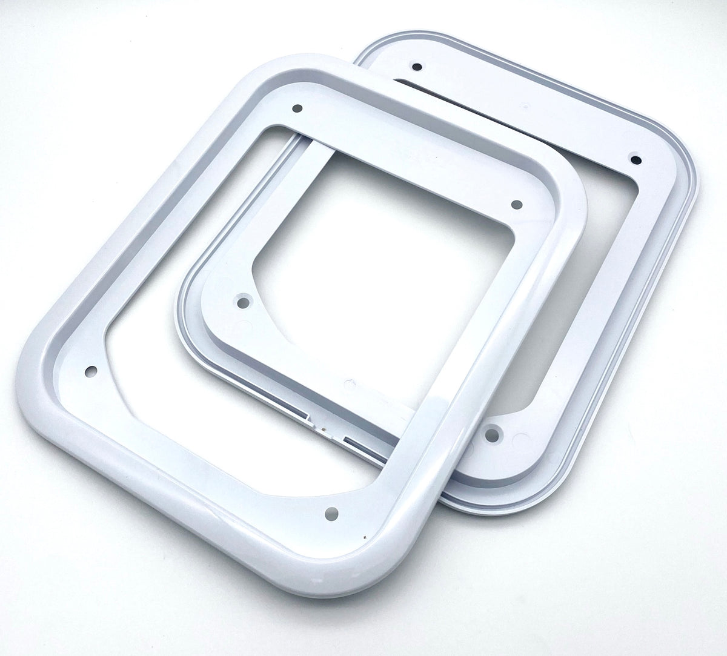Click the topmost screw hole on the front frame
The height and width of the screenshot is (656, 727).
[297, 109]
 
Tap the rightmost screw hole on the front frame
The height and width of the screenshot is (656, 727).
[516, 205]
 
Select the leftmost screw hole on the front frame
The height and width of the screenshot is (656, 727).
[92, 369]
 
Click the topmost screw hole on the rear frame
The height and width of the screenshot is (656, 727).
[417, 65]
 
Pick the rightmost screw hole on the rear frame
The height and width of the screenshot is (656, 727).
[636, 159]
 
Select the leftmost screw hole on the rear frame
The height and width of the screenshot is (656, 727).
[244, 301]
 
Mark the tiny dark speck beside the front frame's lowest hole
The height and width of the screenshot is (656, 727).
[363, 537]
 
